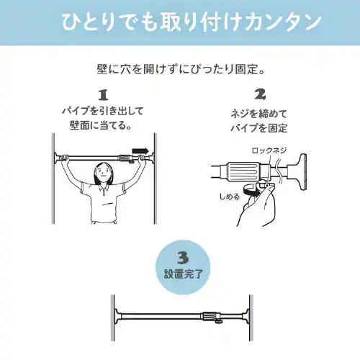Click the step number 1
pos(104,95)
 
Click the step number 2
pos(260,94)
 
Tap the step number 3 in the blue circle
pos(183,258)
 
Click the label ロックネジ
pos(269,150)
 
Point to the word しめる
pos(230,197)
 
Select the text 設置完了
pos(184,274)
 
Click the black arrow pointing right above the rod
pos(140,150)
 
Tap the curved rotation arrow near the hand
pos(251,191)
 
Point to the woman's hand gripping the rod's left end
pos(64,158)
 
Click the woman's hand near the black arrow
pos(142,158)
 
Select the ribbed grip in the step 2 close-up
pos(243,171)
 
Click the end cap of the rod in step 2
pos(300,172)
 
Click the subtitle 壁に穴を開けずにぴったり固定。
pos(181,69)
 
